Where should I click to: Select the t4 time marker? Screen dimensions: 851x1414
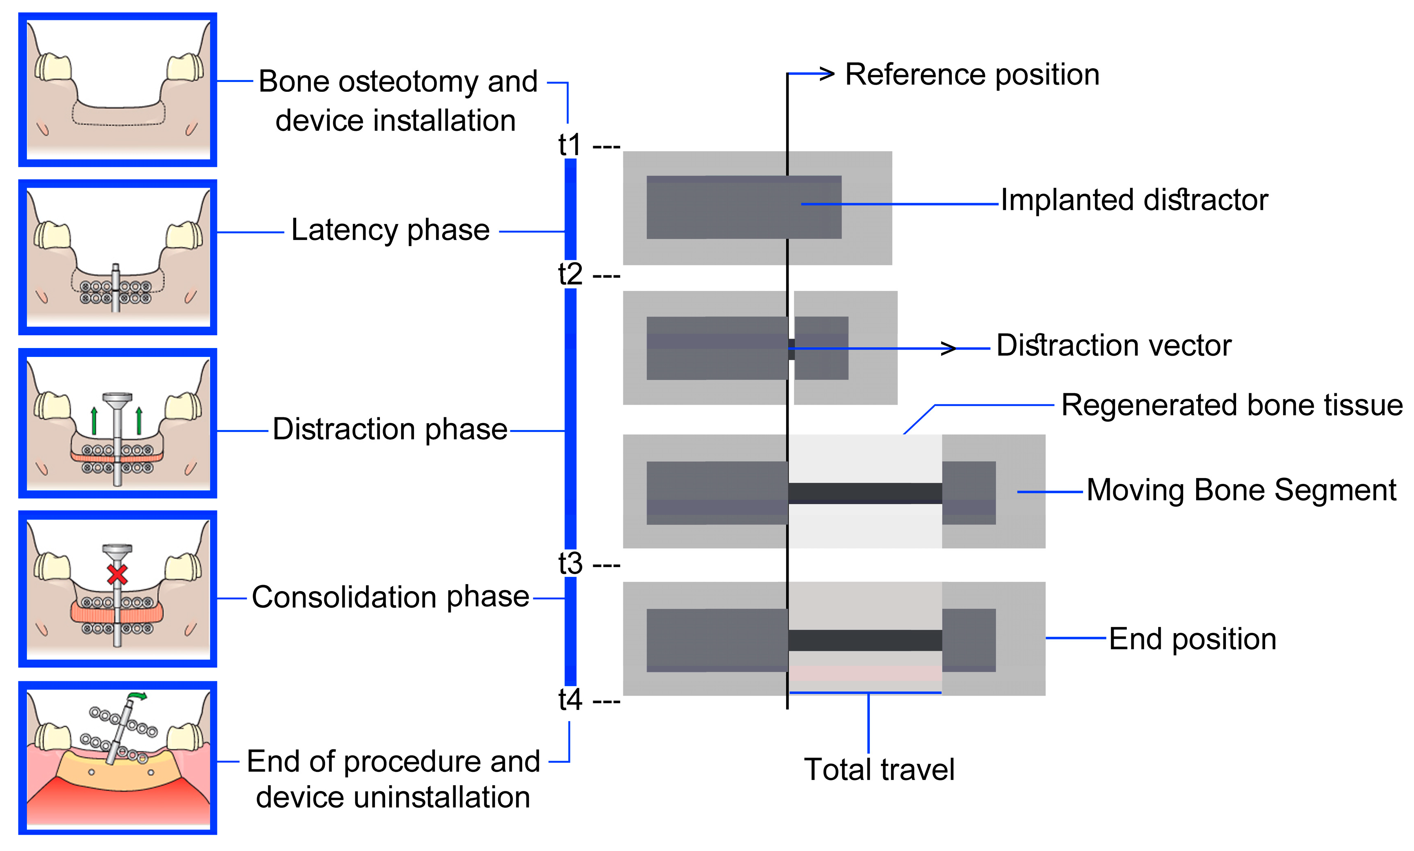(570, 700)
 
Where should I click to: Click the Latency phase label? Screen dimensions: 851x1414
(390, 230)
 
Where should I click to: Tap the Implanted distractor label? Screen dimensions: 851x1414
(1134, 200)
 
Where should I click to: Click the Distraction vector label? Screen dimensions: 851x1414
(1114, 346)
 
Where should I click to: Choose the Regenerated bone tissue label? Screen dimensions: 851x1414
(1232, 406)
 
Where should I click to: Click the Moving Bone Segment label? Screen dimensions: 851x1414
(1241, 490)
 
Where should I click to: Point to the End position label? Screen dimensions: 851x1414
(1192, 639)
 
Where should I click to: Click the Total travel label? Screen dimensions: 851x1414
(879, 769)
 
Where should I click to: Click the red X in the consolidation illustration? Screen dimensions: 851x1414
(117, 574)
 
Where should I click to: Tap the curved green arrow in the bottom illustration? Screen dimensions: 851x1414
(137, 696)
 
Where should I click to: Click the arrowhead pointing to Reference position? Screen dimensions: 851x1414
(827, 73)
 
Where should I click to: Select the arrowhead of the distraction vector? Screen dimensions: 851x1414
(949, 348)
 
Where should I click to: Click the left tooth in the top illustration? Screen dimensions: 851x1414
(53, 68)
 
